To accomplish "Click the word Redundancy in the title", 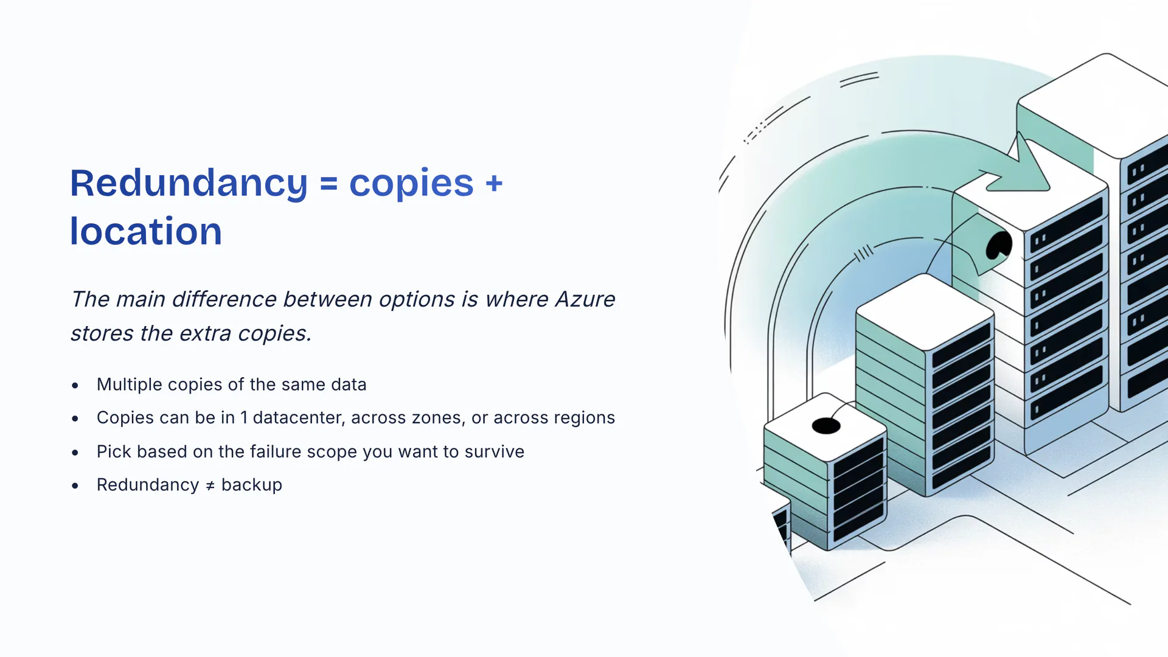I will coord(189,183).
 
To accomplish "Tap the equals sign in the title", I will coord(328,184).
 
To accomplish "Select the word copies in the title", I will coord(411,183).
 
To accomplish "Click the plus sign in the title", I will coord(494,184).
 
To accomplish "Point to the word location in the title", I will coord(146,232).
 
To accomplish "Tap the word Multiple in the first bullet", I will coord(130,384).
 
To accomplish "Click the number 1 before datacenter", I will coord(244,418).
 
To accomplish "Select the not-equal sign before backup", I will coord(210,485).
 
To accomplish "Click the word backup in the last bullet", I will coord(251,485).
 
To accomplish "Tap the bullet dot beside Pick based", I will coord(75,452).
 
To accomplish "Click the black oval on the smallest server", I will coord(826,426).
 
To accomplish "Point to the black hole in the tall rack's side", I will coord(998,246).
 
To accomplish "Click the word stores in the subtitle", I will coord(102,333).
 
